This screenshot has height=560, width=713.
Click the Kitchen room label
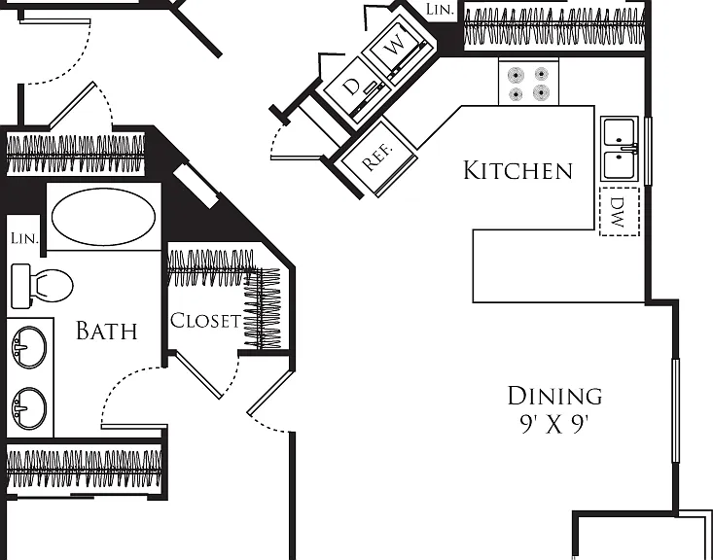pos(517,170)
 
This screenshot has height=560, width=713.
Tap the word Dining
pos(554,396)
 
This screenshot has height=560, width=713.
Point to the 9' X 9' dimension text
pos(554,425)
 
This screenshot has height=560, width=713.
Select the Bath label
pos(106,331)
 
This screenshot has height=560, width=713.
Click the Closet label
pos(205,321)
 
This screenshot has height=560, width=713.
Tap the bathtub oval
pos(103,217)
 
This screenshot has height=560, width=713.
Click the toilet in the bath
pos(42,286)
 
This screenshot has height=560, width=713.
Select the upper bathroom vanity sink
pos(29,347)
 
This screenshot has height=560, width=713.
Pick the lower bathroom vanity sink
pos(29,408)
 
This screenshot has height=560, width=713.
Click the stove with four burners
pos(528,83)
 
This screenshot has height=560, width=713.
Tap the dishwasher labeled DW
pos(620,211)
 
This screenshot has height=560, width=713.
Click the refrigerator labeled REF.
pos(378,157)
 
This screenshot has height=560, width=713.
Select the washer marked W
pos(397,47)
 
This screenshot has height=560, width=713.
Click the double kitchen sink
pos(620,149)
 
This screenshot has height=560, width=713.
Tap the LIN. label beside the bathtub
pos(24,238)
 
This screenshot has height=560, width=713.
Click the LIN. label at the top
pos(441,9)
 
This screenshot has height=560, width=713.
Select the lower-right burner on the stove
pos(541,92)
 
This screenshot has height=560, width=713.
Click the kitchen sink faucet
pos(629,148)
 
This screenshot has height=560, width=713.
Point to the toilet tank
pos(20,286)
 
